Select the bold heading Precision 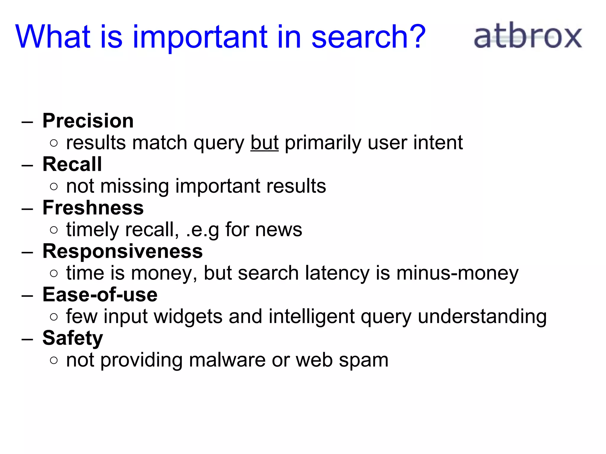(88, 121)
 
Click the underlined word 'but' (264, 143)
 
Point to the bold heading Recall (72, 164)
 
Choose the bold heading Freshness (93, 208)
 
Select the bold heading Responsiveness (123, 251)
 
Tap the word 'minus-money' (457, 273)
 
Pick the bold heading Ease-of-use (100, 295)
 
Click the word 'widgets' (188, 317)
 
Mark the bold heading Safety (72, 338)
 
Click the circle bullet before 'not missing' (54, 187)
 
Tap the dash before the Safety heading (27, 339)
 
